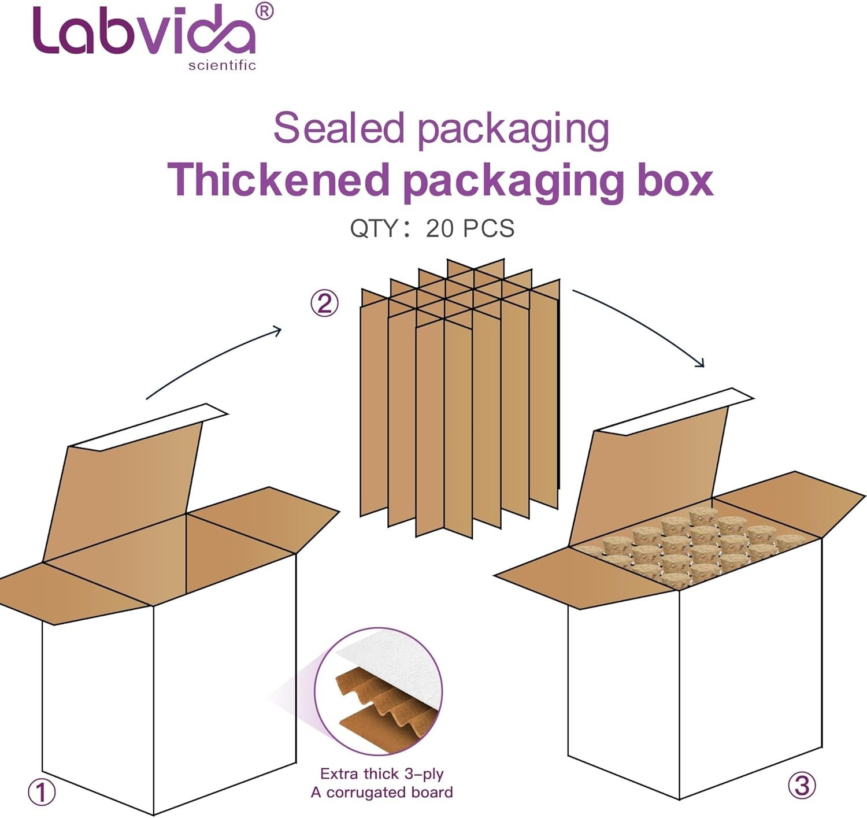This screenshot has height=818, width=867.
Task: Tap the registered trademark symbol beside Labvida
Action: [264, 11]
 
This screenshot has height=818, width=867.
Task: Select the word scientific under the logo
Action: [222, 65]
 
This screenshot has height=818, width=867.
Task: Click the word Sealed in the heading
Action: [338, 128]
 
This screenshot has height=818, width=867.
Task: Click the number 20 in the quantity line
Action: [440, 228]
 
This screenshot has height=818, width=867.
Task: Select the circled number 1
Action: [42, 792]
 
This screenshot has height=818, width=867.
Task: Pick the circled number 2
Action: [324, 303]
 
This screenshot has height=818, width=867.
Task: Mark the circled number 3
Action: [802, 785]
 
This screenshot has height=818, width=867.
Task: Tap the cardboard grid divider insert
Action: [460, 399]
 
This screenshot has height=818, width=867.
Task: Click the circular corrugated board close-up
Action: [379, 691]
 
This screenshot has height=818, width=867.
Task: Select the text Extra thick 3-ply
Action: [381, 773]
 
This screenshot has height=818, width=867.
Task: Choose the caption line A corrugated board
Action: [381, 792]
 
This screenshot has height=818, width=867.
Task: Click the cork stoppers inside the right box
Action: [691, 546]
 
